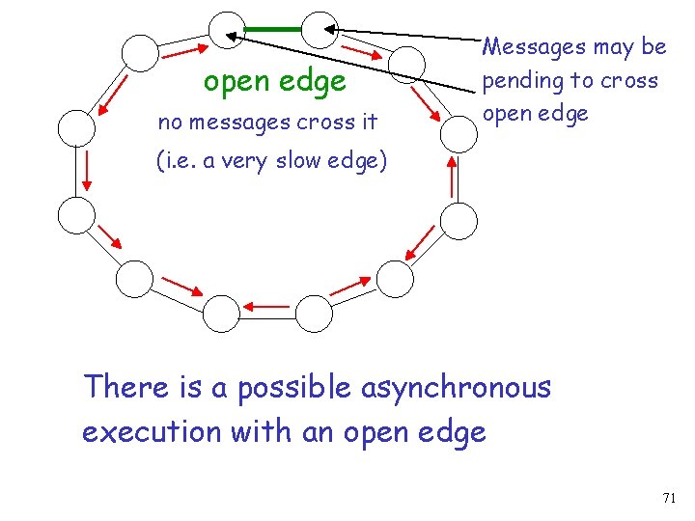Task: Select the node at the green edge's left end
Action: click(229, 30)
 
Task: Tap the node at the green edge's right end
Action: click(321, 30)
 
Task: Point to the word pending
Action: click(521, 81)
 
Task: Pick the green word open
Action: click(233, 83)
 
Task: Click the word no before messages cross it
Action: click(169, 123)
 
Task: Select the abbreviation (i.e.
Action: click(178, 161)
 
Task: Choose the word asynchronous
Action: click(456, 388)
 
